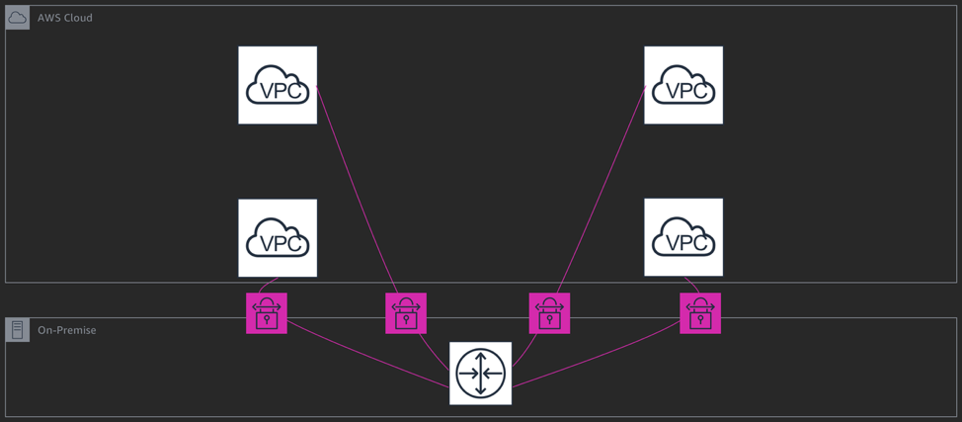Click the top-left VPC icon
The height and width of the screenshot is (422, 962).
coord(278,85)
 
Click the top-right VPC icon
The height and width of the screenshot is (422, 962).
coord(683,85)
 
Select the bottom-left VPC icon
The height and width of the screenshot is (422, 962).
coord(278,238)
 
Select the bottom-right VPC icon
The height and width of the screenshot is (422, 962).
coord(683,237)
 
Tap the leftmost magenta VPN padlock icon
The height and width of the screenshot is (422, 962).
coord(267,313)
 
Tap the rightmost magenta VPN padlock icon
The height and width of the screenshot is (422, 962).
coord(700,313)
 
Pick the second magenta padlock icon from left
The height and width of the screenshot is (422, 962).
coord(406,313)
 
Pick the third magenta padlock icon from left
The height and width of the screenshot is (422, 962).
coord(549,313)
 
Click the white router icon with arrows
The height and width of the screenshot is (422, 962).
coord(481,374)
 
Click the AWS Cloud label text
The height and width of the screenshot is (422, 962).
coord(65,18)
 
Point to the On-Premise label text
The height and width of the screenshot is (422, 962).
coord(67,330)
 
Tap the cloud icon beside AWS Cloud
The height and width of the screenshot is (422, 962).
coord(18,18)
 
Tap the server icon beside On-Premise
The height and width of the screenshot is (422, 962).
coord(18,330)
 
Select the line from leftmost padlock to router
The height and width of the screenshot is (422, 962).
coord(365,354)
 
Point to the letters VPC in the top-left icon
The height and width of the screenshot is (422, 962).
coord(278,92)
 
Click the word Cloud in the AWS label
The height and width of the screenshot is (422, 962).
coord(77,18)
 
